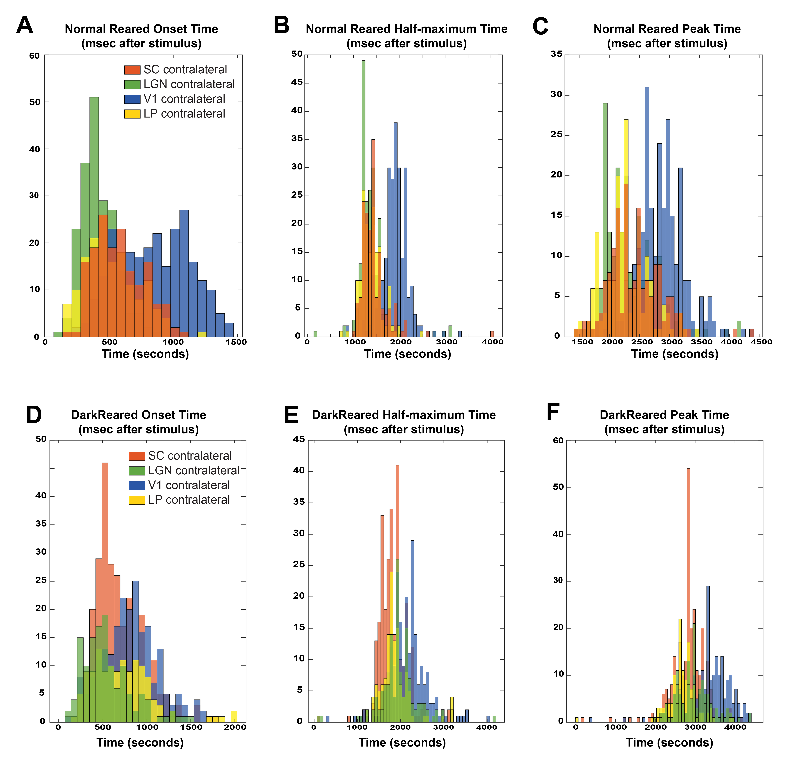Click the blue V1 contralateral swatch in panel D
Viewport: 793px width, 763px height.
point(137,485)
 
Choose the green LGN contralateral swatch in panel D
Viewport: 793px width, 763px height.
point(137,471)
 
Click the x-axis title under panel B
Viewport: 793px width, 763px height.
point(407,354)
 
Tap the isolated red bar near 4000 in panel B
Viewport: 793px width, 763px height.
point(492,334)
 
